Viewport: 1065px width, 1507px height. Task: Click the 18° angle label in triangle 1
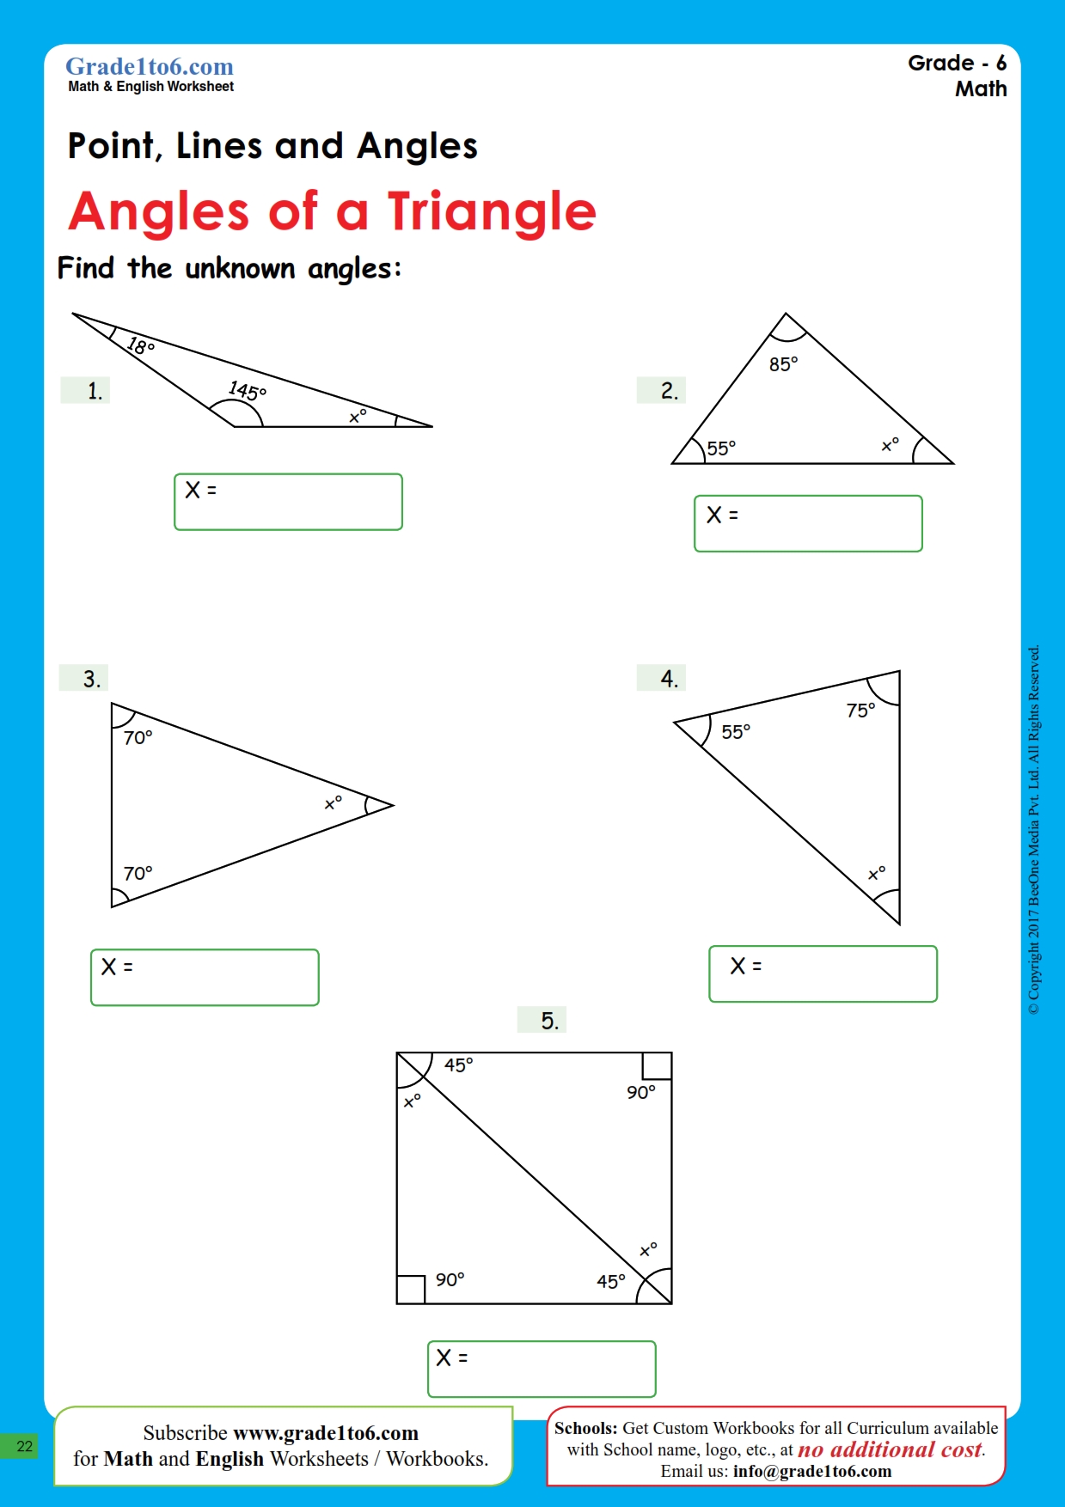pos(141,346)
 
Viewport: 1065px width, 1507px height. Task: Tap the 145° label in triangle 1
pos(248,391)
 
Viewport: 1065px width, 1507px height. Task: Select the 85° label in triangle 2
pos(783,364)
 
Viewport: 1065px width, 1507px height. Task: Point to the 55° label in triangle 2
pos(721,448)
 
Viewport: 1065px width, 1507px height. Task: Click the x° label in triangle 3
pos(333,803)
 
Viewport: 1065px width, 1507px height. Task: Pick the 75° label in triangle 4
pos(860,711)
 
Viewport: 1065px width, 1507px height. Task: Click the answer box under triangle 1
pos(288,502)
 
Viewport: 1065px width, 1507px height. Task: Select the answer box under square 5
pos(542,1369)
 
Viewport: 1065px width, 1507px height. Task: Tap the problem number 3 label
pos(92,679)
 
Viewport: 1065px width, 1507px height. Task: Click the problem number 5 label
pos(549,1021)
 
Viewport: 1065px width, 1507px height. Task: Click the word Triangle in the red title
pos(492,212)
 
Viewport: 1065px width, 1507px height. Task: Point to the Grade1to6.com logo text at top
pos(150,67)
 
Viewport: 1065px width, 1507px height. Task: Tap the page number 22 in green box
pos(24,1446)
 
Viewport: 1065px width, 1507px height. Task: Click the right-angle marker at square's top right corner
pos(657,1066)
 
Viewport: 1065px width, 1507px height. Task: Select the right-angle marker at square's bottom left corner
pos(411,1290)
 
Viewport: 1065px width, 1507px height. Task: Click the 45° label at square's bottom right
pos(611,1282)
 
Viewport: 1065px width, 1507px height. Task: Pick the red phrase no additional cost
pos(890,1449)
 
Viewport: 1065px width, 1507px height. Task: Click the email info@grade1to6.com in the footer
pos(811,1471)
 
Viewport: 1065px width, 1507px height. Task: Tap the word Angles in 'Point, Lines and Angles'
pos(417,147)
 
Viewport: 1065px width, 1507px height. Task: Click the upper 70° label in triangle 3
pos(138,738)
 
